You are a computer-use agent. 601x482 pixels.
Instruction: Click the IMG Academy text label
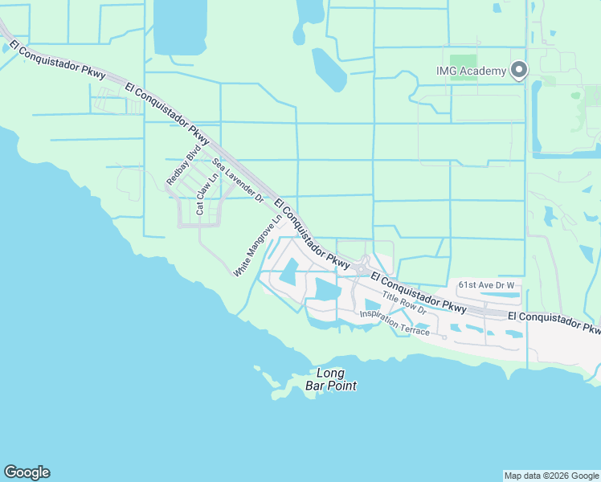pyautogui.click(x=472, y=71)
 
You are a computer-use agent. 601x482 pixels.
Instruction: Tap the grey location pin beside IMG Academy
pyautogui.click(x=519, y=70)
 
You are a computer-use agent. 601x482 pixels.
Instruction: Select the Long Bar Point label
pyautogui.click(x=330, y=379)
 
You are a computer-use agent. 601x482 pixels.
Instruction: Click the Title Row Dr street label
pyautogui.click(x=403, y=302)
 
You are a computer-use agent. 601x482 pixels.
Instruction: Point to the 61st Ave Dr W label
pyautogui.click(x=486, y=284)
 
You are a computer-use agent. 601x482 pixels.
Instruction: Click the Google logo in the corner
pyautogui.click(x=27, y=472)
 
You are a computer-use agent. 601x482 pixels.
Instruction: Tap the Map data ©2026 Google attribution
pyautogui.click(x=551, y=476)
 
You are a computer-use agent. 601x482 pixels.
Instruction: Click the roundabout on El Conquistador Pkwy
pyautogui.click(x=364, y=266)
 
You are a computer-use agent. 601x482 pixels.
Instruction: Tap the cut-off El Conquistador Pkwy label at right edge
pyautogui.click(x=554, y=323)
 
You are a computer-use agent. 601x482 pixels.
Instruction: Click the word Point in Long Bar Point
pyautogui.click(x=341, y=386)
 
